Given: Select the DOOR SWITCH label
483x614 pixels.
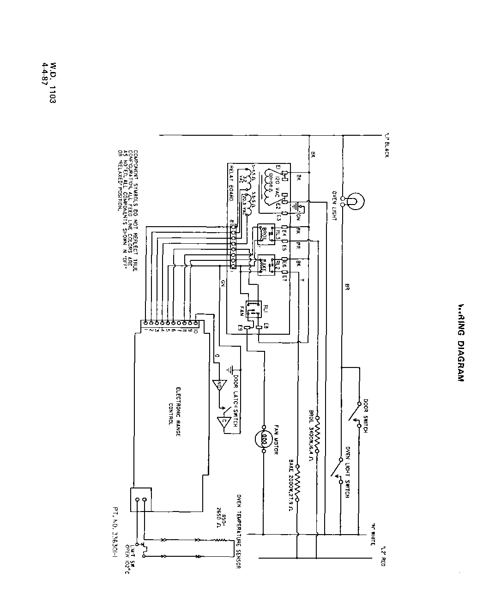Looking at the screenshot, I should click(x=365, y=415).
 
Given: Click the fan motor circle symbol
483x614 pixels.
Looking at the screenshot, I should click(x=265, y=439).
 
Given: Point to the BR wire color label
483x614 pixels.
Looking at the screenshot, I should click(x=347, y=287).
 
